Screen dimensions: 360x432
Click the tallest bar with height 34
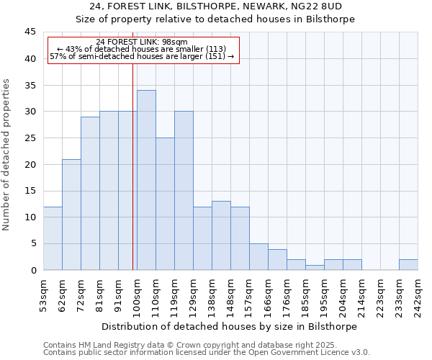[146, 180]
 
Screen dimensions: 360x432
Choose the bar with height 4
[277, 259]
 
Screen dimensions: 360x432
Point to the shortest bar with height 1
[315, 267]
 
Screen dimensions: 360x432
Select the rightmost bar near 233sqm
[408, 264]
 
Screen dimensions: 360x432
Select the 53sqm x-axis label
[43, 294]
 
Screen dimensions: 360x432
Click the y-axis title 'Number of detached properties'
[6, 155]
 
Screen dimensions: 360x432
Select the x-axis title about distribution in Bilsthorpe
[230, 326]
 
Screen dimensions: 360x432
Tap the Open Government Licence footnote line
[207, 353]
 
